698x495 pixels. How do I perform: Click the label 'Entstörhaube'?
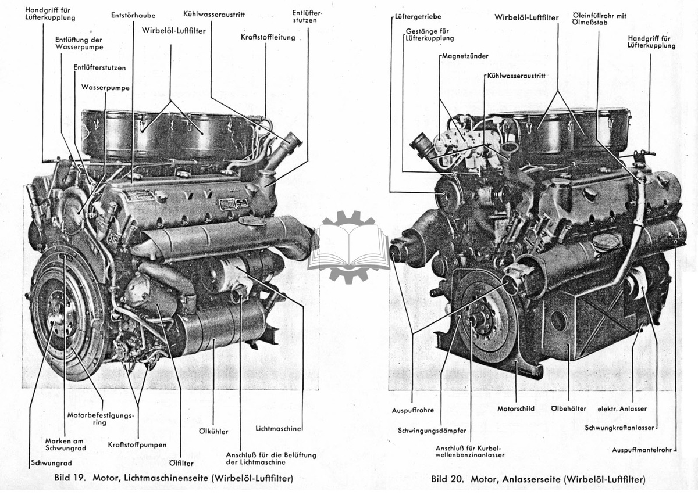133,15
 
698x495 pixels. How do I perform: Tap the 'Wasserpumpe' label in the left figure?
105,88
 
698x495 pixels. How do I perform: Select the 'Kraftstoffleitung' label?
268,37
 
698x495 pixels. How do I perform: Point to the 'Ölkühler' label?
213,432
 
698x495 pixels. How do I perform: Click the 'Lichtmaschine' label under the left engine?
278,428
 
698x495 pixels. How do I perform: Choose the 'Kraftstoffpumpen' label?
137,444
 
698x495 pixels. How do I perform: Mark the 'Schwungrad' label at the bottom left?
51,463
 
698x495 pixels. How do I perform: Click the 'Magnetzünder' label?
465,56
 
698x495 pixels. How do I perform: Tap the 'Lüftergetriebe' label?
418,16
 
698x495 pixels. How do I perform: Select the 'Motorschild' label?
516,409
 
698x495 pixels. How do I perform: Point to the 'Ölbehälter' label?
569,409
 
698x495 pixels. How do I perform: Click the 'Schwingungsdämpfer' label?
432,431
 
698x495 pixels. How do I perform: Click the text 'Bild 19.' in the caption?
70,478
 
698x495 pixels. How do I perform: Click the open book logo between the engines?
350,247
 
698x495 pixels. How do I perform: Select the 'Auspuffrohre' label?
413,410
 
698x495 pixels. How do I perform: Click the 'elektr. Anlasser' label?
622,409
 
